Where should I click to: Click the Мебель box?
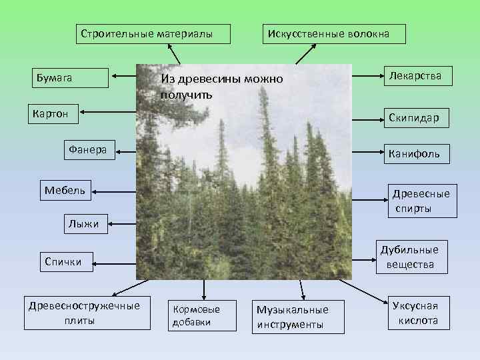point(65,191)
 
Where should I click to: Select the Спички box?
point(63,261)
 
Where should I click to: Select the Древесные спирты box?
point(421,201)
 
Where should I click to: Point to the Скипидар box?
point(413,118)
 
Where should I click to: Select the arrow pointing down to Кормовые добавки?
point(203,289)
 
